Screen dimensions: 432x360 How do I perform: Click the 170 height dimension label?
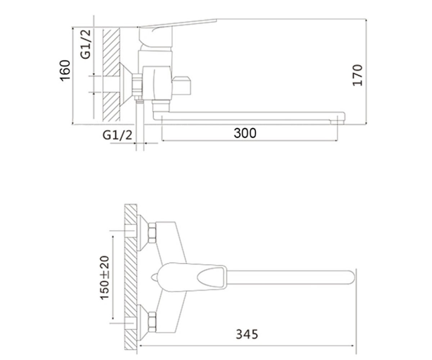357,75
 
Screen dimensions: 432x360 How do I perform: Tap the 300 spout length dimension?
245,133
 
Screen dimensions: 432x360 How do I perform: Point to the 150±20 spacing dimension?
104,278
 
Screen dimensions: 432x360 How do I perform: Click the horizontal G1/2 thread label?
117,135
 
